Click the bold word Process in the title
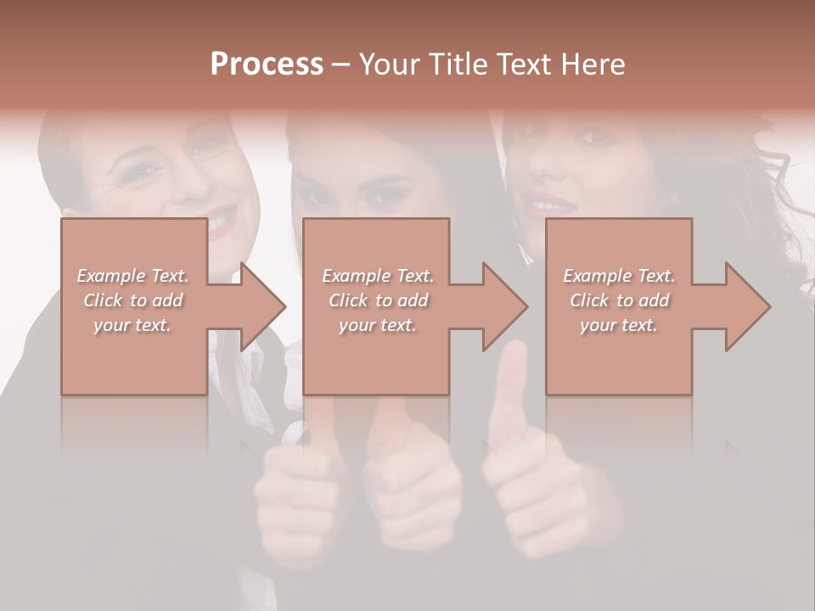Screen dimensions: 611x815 coord(267,64)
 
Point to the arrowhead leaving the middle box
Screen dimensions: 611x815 coord(502,306)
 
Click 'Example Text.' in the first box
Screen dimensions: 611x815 coord(133,276)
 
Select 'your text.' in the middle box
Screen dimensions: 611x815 coord(377,325)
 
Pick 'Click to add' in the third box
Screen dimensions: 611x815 coord(619,300)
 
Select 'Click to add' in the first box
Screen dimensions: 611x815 coord(133,300)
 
